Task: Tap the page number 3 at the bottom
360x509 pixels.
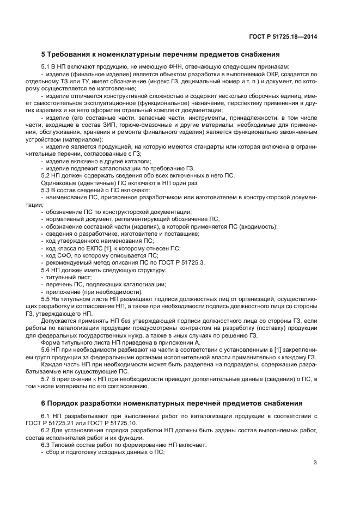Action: click(315, 463)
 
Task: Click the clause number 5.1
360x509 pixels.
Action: click(47, 66)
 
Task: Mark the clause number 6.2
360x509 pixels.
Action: click(47, 430)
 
